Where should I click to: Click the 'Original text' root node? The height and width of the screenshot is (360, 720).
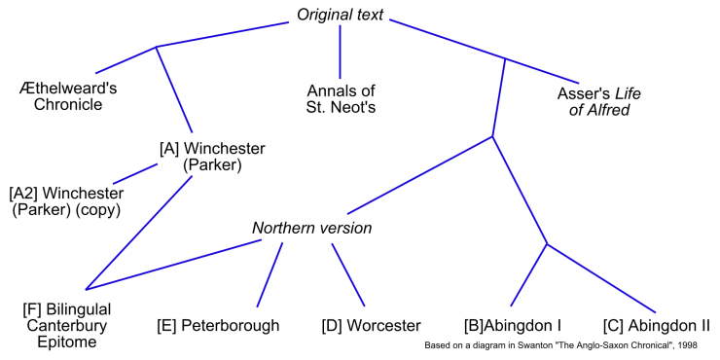click(x=340, y=15)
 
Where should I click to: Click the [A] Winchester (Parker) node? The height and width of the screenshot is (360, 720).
click(x=211, y=156)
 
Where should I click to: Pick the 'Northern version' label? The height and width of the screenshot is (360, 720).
click(x=312, y=229)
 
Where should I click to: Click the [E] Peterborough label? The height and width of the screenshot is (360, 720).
click(x=218, y=325)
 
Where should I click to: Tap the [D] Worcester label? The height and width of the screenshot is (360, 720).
click(x=371, y=325)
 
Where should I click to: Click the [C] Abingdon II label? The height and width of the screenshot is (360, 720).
click(x=657, y=325)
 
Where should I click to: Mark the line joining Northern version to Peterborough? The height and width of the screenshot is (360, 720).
click(x=270, y=273)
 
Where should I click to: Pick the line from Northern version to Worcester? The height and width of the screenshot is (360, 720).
click(x=347, y=273)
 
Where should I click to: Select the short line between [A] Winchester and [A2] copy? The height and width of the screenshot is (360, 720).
click(x=136, y=173)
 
